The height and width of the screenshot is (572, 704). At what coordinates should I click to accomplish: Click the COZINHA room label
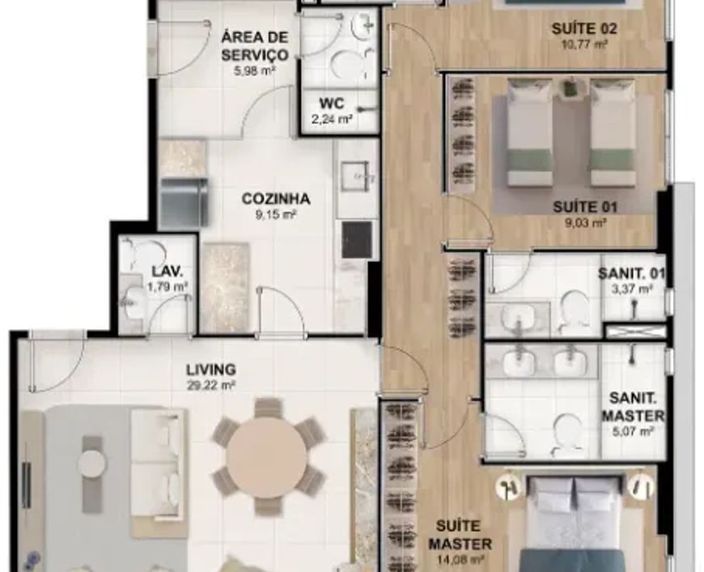tap(276, 198)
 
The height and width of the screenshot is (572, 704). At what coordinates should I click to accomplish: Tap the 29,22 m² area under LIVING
tap(211, 385)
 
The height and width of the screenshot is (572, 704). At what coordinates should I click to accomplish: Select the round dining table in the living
tap(267, 457)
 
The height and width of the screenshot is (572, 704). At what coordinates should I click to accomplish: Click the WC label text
tap(331, 104)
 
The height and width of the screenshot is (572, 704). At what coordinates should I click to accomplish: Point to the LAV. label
tap(167, 271)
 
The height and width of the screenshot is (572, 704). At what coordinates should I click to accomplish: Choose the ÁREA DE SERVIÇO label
tap(255, 45)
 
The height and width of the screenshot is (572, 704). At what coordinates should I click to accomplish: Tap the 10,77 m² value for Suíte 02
tap(584, 44)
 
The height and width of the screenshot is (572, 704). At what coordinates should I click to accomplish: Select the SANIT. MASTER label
tap(633, 407)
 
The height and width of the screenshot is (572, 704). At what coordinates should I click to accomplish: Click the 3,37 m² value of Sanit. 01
tap(632, 289)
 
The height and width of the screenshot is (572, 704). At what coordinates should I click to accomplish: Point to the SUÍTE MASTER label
tap(460, 535)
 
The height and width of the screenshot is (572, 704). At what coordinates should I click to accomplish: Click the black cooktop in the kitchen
tap(357, 240)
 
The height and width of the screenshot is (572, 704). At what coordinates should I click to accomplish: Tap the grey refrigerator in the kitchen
tap(184, 202)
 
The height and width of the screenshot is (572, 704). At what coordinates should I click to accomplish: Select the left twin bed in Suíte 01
tap(530, 133)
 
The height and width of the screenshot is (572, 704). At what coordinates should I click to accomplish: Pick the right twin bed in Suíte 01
tap(613, 133)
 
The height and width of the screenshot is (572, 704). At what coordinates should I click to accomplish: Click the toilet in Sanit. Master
tap(568, 433)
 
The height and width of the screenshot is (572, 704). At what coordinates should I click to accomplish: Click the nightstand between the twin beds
tap(571, 87)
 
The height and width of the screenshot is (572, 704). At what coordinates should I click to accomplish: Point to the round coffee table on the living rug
tap(92, 462)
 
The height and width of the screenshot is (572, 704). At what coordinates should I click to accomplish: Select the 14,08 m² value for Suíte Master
tap(460, 560)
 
